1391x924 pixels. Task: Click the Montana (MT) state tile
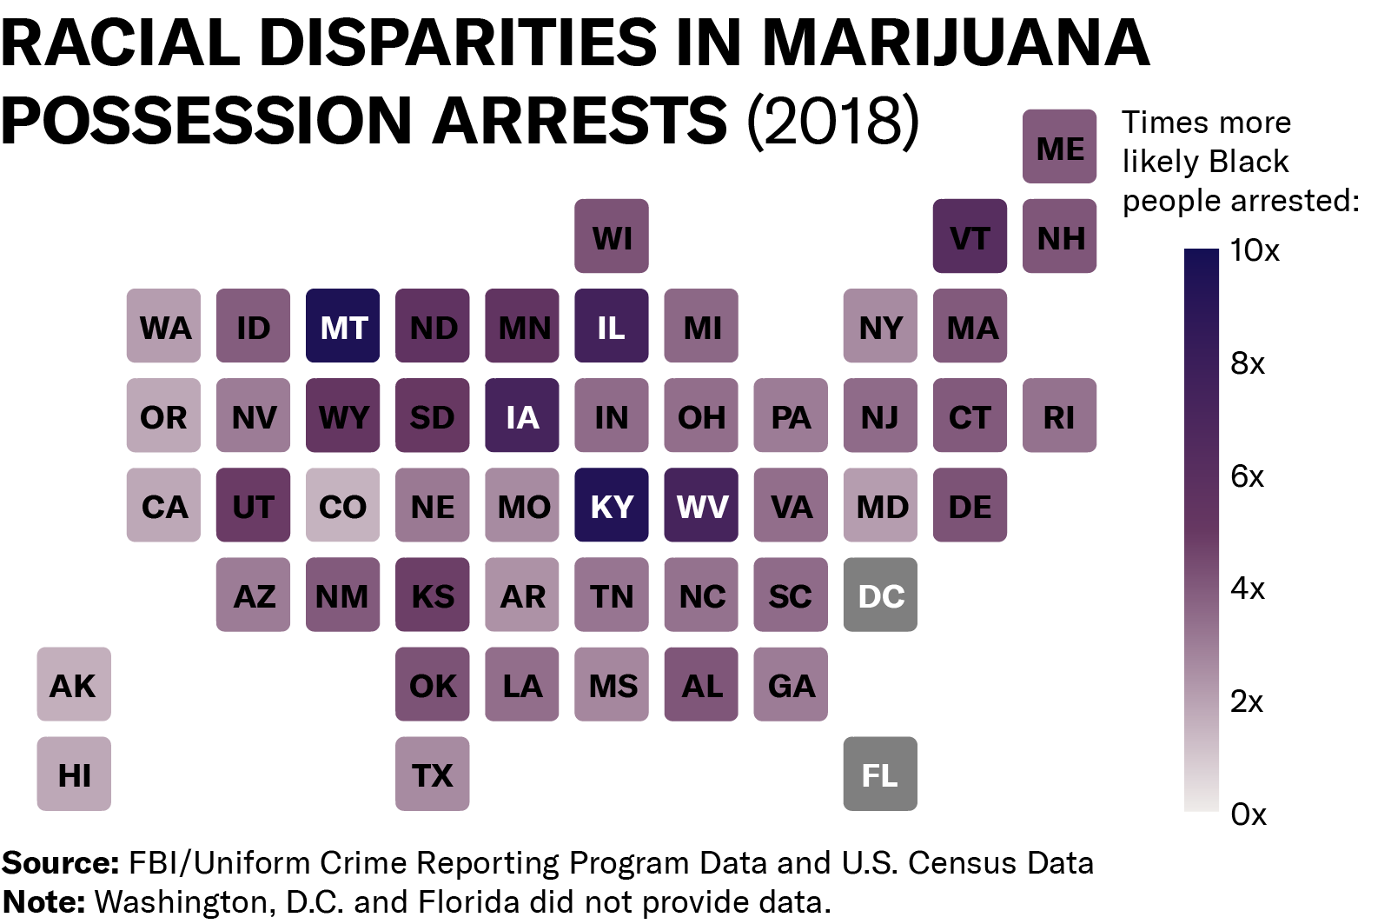click(x=342, y=326)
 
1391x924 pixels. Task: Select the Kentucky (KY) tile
click(x=612, y=505)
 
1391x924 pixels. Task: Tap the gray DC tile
click(x=880, y=595)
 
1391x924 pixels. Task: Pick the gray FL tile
click(x=880, y=774)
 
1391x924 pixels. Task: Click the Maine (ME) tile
click(x=1059, y=147)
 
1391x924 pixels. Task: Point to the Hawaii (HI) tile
click(x=74, y=774)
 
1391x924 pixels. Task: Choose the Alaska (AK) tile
click(x=74, y=684)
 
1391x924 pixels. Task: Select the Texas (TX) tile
click(x=432, y=774)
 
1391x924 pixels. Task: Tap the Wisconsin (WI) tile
click(x=612, y=236)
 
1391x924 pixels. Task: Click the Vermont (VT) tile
click(x=970, y=236)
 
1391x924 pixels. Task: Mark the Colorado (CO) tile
click(x=342, y=505)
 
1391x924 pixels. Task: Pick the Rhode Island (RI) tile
click(x=1059, y=415)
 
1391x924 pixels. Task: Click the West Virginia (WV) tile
click(x=701, y=505)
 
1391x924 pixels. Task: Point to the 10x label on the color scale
click(x=1255, y=250)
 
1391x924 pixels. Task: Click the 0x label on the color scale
click(x=1249, y=814)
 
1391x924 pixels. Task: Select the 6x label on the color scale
click(x=1247, y=476)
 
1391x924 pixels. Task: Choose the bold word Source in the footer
click(x=60, y=863)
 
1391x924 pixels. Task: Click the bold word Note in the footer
click(x=43, y=902)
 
